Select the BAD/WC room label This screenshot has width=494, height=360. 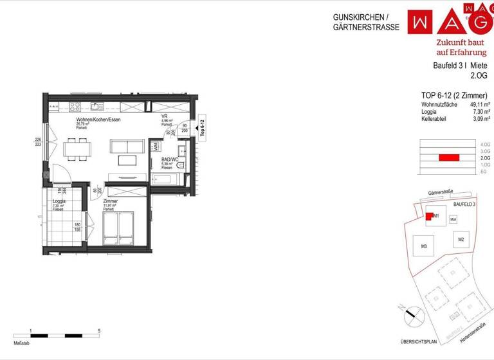170,159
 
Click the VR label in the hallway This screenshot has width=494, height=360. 165,116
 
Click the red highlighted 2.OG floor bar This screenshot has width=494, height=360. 448,157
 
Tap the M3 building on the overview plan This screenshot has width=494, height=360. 424,247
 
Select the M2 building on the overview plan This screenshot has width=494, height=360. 461,240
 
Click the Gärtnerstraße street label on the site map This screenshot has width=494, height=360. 443,192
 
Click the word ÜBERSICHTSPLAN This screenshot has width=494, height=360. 419,341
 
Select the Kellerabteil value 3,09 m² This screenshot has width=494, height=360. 481,119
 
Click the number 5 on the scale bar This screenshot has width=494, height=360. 98,331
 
